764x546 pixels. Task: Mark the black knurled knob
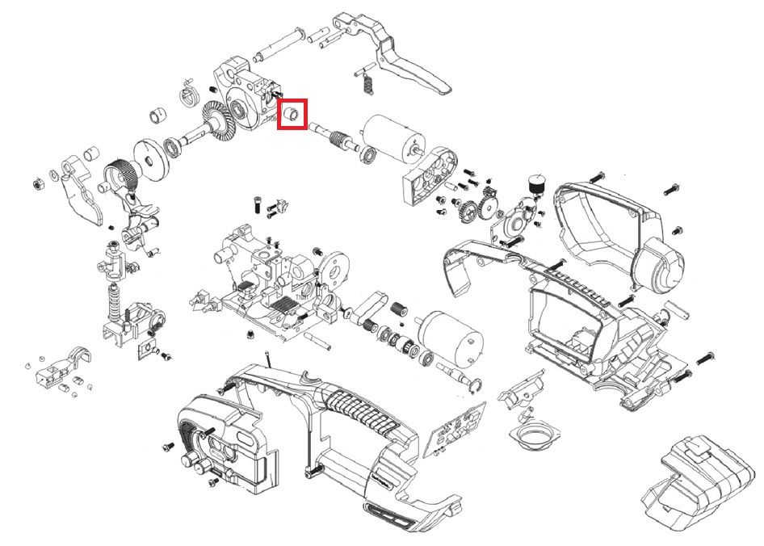coord(533,185)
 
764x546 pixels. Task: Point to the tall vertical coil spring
coord(114,303)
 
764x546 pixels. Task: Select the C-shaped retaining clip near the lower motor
coord(477,386)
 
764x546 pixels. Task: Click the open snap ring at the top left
coord(188,93)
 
